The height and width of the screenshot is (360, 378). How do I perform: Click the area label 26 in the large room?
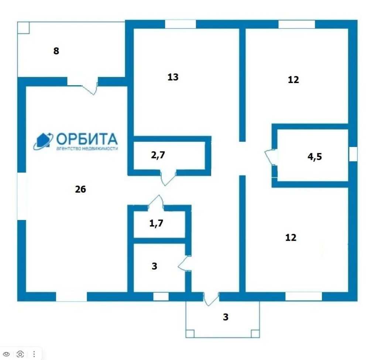click(x=80, y=189)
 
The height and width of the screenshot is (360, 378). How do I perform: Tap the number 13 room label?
click(x=173, y=77)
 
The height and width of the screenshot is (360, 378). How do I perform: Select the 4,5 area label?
click(x=315, y=157)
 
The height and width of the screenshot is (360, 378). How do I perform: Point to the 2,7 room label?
click(x=158, y=155)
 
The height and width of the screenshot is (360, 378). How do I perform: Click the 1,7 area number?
click(x=156, y=223)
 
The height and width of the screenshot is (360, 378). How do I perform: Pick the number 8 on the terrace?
click(x=56, y=51)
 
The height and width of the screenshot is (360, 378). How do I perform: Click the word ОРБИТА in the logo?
click(x=87, y=139)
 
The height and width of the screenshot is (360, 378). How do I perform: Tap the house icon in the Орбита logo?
click(x=43, y=141)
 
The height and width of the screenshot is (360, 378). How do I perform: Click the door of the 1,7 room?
click(x=156, y=203)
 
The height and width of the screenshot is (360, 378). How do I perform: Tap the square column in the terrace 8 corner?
click(x=23, y=27)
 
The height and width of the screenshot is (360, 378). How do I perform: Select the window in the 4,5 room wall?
click(x=353, y=154)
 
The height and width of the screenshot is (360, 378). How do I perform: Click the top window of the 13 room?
click(x=180, y=24)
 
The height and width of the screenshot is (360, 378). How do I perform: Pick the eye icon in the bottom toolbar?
click(x=7, y=354)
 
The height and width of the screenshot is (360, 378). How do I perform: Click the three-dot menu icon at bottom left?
click(x=34, y=354)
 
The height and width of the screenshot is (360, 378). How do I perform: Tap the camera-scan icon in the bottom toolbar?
click(x=20, y=354)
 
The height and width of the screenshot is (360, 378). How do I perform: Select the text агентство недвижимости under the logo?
click(x=87, y=148)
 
